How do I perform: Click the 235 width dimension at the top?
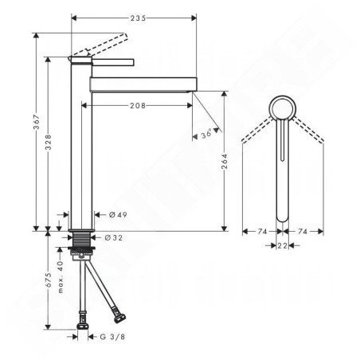pyautogui.click(x=138, y=18)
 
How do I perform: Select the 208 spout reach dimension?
pyautogui.click(x=138, y=106)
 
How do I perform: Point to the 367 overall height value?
pyautogui.click(x=37, y=122)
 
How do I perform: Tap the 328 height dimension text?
pyautogui.click(x=48, y=142)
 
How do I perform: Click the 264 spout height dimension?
pyautogui.click(x=225, y=161)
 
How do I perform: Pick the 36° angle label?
pyautogui.click(x=206, y=134)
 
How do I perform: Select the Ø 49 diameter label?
pyautogui.click(x=118, y=214)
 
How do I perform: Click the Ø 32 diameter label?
pyautogui.click(x=114, y=237)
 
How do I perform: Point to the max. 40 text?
pyautogui.click(x=61, y=277)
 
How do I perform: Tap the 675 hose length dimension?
pyautogui.click(x=48, y=280)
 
